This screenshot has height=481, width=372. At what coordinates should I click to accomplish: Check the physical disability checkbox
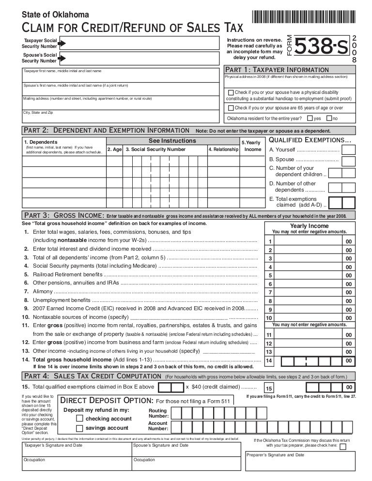coord(231,93)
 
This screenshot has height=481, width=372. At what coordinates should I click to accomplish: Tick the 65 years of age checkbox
coord(231,108)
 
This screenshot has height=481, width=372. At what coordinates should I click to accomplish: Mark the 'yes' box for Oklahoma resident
coord(310,118)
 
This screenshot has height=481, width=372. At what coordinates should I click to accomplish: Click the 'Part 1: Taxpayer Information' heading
coord(278,70)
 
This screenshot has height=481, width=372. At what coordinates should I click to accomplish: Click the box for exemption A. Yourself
coord(347,150)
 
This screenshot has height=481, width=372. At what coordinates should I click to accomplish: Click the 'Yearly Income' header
coord(309,226)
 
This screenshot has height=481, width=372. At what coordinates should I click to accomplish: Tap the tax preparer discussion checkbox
coord(343,447)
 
